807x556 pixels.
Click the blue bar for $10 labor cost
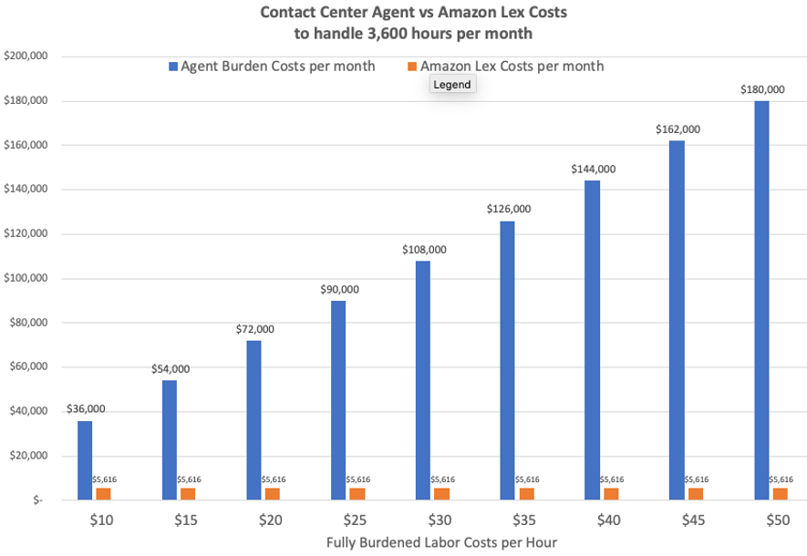pyautogui.click(x=85, y=460)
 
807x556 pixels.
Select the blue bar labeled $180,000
pyautogui.click(x=761, y=301)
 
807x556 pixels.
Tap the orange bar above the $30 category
pyautogui.click(x=442, y=493)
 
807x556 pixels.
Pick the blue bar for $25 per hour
pyautogui.click(x=338, y=400)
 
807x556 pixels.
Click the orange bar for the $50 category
pyautogui.click(x=781, y=493)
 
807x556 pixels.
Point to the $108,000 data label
pyautogui.click(x=423, y=249)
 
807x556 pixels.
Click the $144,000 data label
pyautogui.click(x=593, y=169)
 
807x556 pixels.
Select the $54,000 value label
pyautogui.click(x=169, y=368)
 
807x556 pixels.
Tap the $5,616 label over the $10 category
pyautogui.click(x=104, y=479)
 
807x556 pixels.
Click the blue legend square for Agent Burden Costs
pyautogui.click(x=173, y=67)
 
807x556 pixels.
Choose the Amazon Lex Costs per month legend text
pyautogui.click(x=512, y=67)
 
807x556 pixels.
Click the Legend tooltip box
pyautogui.click(x=451, y=84)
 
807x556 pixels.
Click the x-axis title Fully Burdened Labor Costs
pyautogui.click(x=441, y=541)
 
